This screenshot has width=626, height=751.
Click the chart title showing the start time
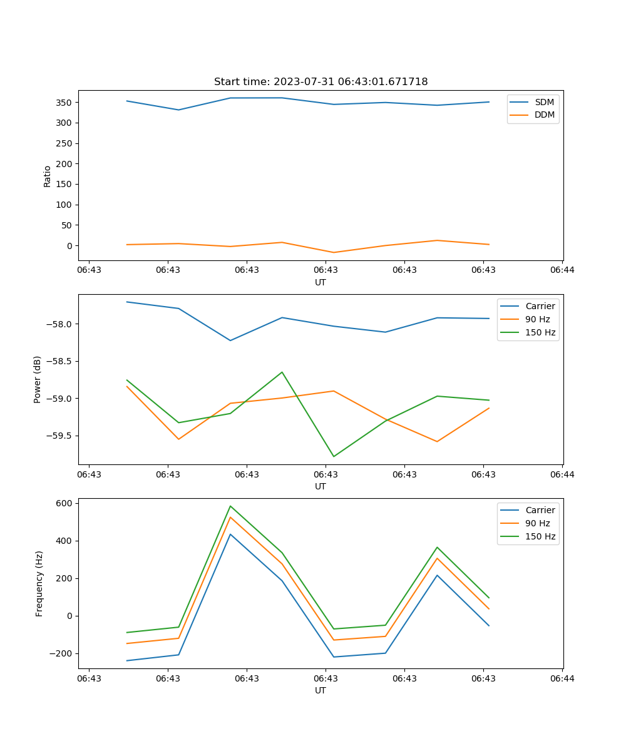(321, 82)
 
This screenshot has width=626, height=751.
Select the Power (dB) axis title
(38, 379)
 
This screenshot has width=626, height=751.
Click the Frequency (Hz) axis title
(39, 583)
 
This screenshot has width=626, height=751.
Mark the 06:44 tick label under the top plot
(562, 270)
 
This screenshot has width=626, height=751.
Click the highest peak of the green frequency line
(230, 506)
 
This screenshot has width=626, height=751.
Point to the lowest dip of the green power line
(333, 456)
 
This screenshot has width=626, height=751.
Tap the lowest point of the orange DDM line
(333, 252)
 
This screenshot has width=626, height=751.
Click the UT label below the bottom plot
(321, 690)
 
